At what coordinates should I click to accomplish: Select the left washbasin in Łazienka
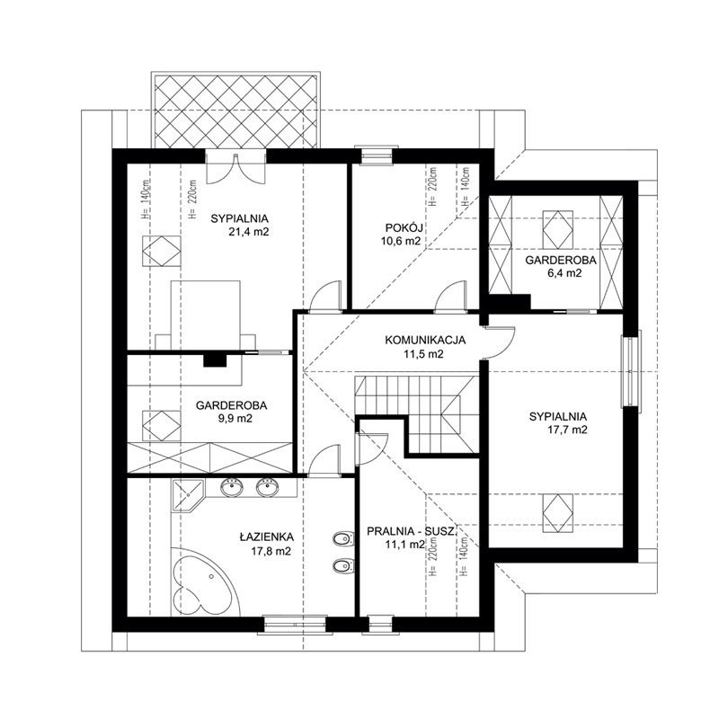click(x=232, y=487)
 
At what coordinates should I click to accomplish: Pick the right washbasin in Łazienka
click(x=267, y=487)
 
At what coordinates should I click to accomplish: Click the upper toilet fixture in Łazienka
click(x=343, y=540)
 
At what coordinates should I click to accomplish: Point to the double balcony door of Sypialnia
click(x=235, y=167)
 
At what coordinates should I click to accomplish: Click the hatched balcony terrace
click(x=235, y=111)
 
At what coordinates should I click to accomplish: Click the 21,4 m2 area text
click(x=249, y=232)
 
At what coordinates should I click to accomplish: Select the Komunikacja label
click(x=425, y=341)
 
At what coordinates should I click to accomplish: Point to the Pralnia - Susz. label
click(x=412, y=531)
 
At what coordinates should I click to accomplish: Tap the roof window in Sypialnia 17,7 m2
click(x=557, y=513)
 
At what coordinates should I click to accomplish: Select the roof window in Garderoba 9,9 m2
click(x=161, y=426)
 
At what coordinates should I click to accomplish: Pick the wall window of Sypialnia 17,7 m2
click(x=631, y=372)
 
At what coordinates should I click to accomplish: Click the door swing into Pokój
click(x=451, y=297)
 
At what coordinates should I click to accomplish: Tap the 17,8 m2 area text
click(x=271, y=551)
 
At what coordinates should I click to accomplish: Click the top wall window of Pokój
click(x=377, y=156)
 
